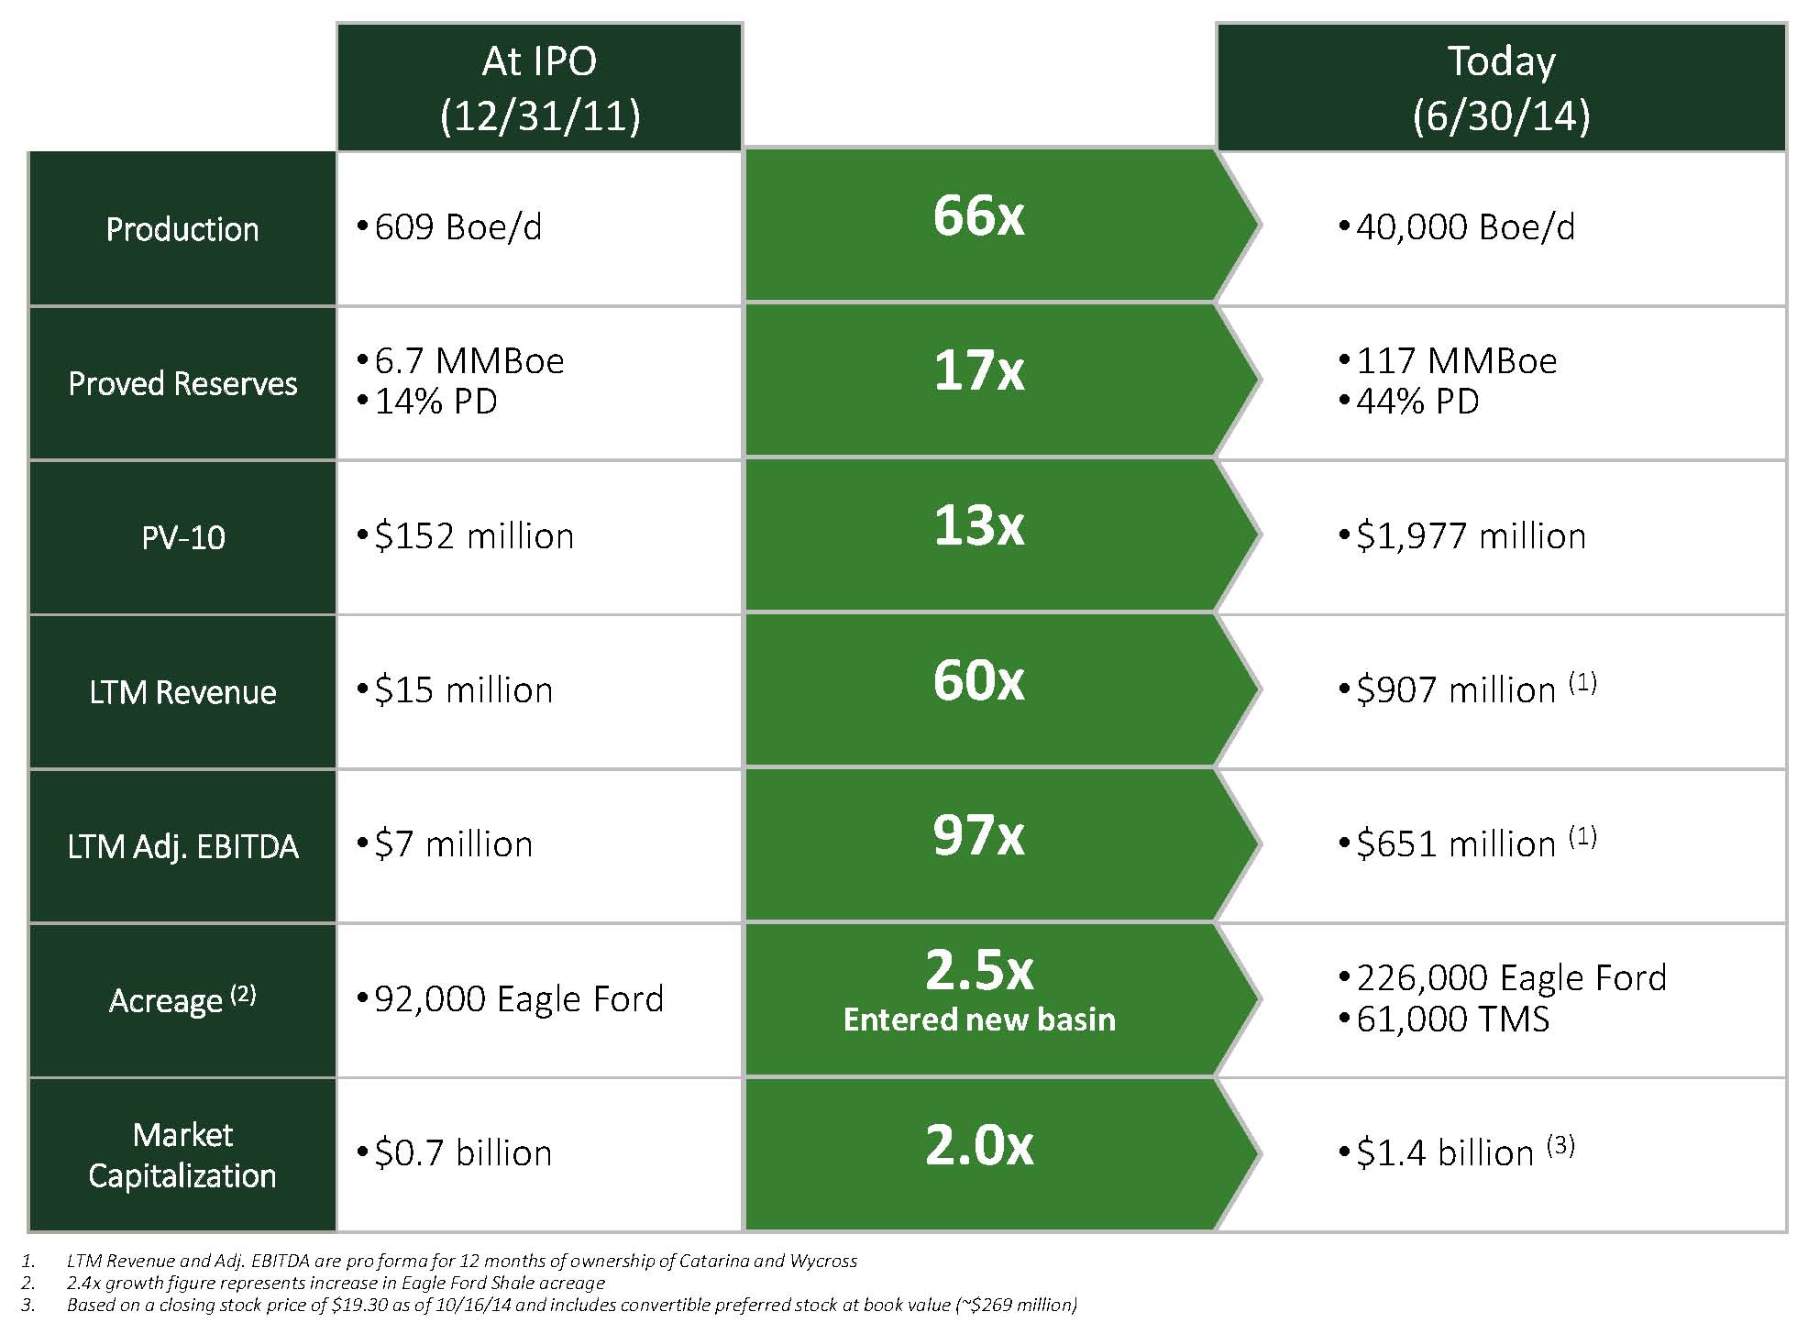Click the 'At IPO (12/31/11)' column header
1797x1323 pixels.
point(539,88)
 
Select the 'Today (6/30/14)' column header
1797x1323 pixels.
point(1501,88)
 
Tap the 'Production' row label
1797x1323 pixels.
point(182,229)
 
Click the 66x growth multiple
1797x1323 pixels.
point(978,216)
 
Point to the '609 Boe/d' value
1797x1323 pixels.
point(458,227)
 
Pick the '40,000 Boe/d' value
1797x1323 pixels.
point(1464,227)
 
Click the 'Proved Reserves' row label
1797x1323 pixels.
point(182,383)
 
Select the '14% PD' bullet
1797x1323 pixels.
point(435,402)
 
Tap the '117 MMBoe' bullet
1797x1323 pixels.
point(1456,360)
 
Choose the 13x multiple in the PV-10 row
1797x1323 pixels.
point(978,526)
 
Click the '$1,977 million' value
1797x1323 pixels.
point(1471,536)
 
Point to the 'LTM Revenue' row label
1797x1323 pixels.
point(182,692)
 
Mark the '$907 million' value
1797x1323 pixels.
point(1456,690)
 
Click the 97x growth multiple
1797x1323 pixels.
point(978,836)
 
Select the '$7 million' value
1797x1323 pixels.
point(453,844)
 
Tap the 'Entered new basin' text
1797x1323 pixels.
point(979,1020)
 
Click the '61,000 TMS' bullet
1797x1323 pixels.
point(1452,1020)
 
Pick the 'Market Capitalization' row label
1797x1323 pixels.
point(182,1155)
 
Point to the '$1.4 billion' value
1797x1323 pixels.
point(1445,1153)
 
